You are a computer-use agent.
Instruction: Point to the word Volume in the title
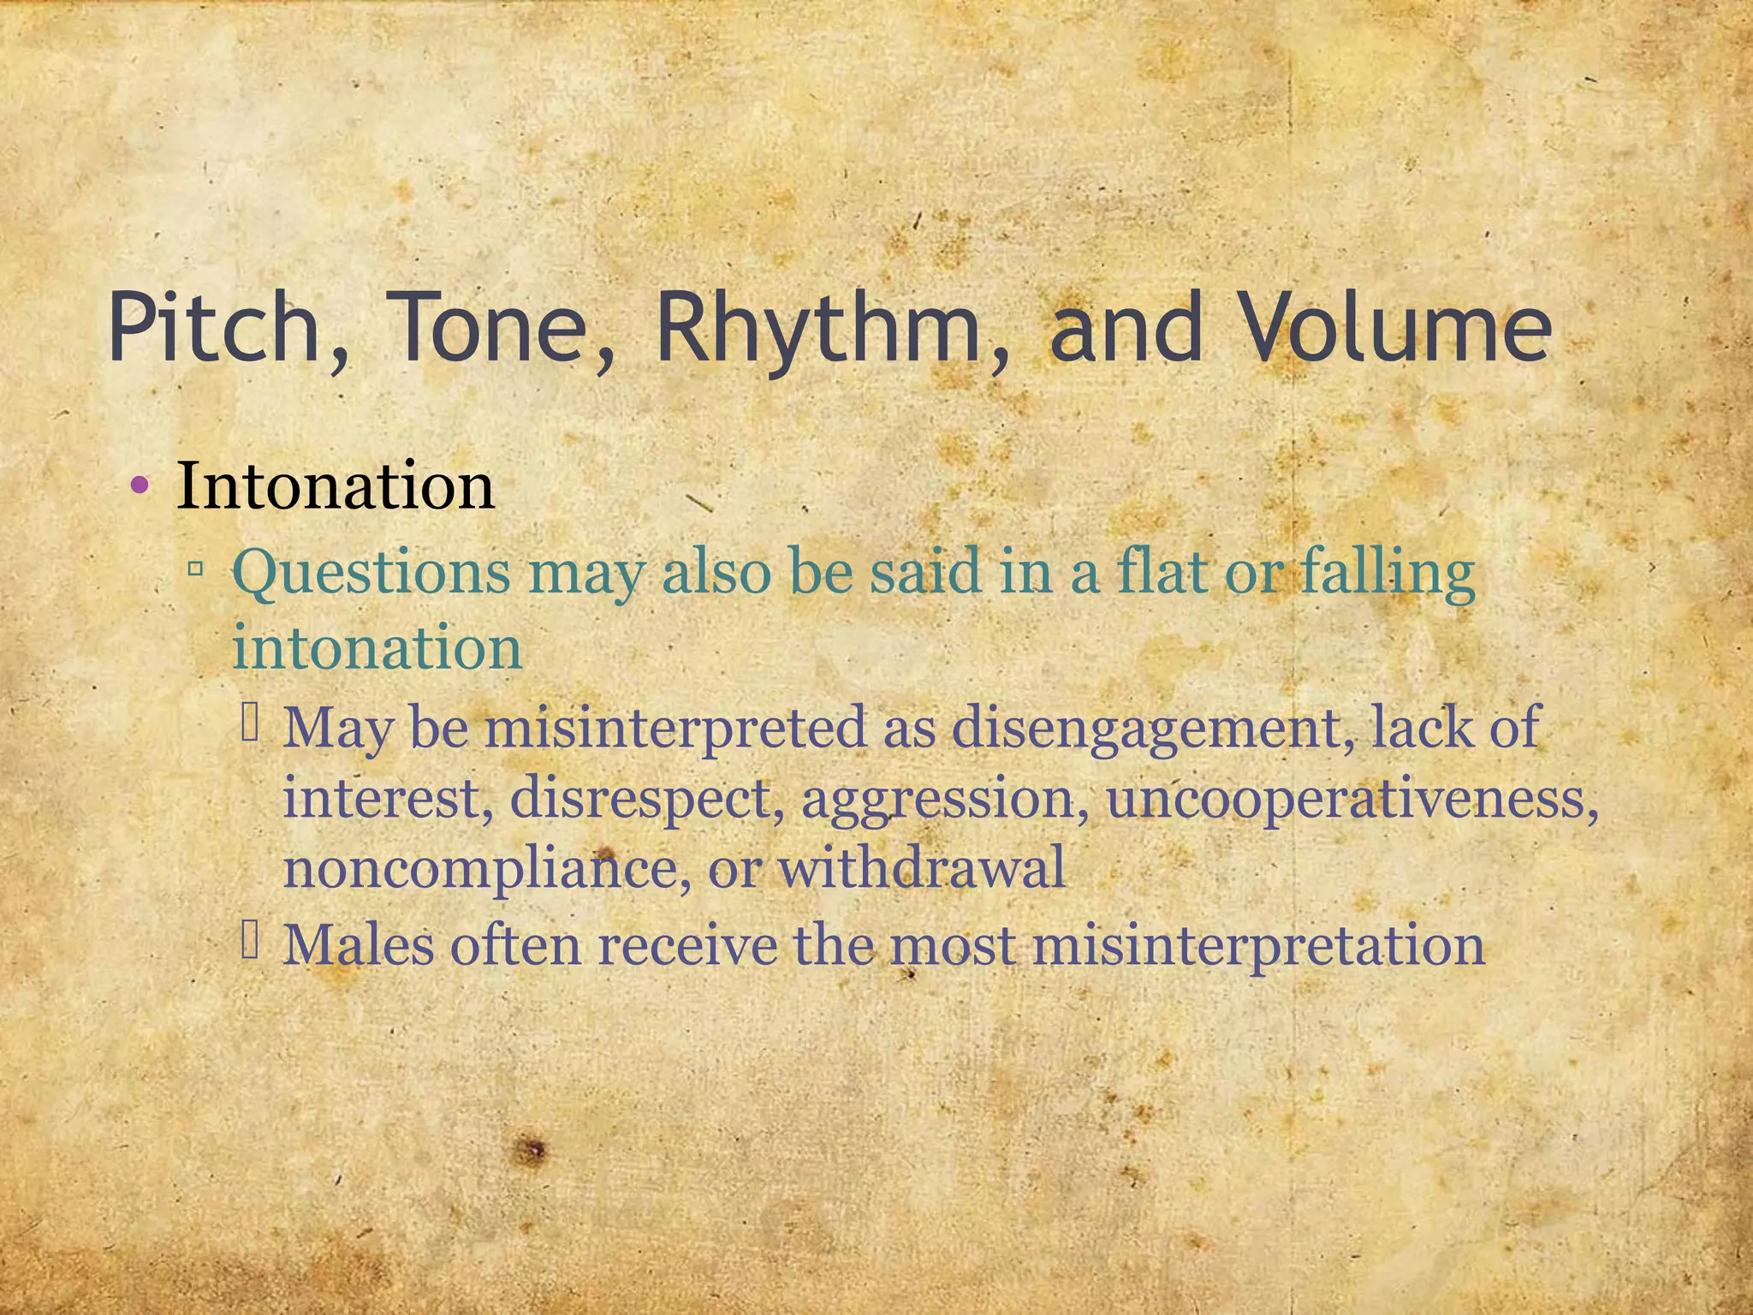click(x=1396, y=327)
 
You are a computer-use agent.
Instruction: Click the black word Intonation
click(x=336, y=485)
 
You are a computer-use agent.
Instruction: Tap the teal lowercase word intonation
click(x=377, y=647)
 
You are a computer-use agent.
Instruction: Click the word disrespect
click(x=646, y=798)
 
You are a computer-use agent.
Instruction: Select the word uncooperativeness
click(x=1352, y=798)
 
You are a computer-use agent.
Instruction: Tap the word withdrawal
click(x=922, y=867)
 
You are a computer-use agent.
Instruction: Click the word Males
click(x=359, y=945)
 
